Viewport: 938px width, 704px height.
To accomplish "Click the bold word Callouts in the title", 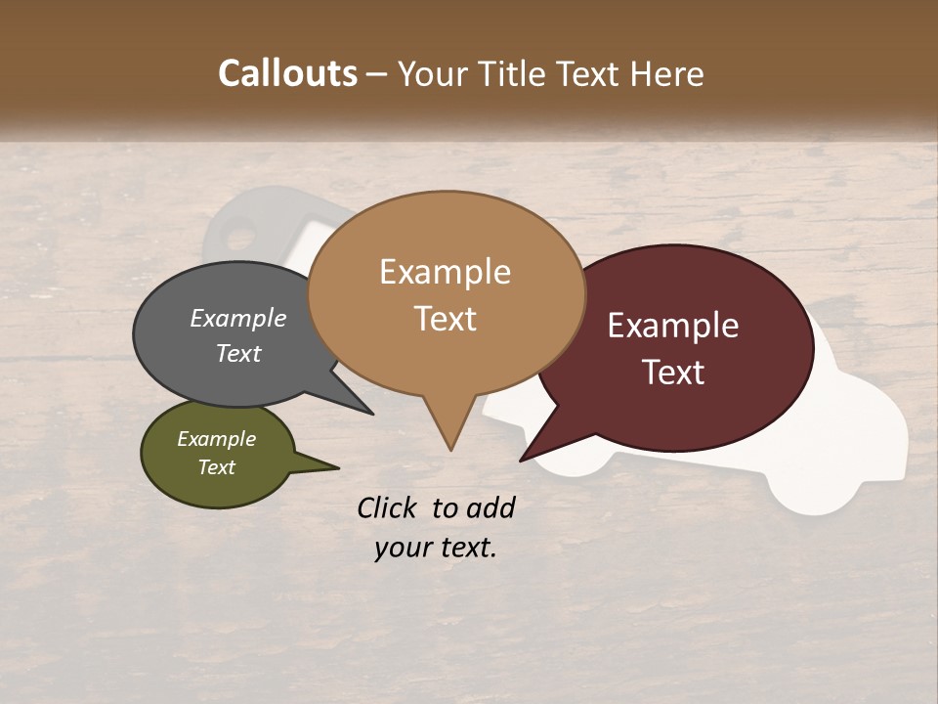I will [287, 73].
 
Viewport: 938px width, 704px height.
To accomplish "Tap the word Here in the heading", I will [668, 73].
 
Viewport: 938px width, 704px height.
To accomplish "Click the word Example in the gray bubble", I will [238, 318].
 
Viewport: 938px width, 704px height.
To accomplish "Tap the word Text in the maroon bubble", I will [673, 372].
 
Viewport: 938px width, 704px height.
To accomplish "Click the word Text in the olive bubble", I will [217, 467].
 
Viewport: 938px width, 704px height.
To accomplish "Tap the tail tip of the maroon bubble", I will [522, 460].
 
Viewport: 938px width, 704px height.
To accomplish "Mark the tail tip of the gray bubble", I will [371, 414].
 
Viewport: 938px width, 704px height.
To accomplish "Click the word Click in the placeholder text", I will [388, 507].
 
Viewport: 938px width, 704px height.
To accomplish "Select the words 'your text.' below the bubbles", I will [436, 548].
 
